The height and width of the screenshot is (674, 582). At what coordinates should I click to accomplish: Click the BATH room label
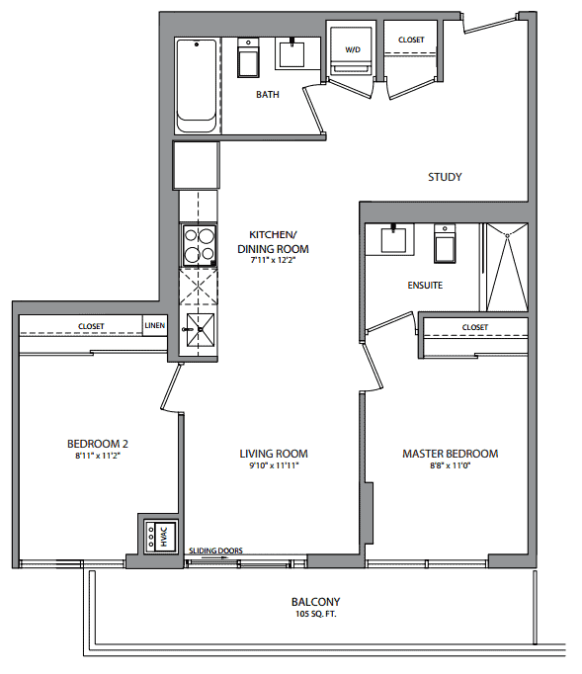click(268, 94)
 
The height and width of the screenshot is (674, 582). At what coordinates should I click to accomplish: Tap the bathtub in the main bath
click(197, 86)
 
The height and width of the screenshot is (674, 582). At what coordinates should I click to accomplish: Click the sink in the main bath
click(291, 53)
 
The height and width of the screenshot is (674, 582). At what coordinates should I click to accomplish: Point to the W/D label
click(353, 49)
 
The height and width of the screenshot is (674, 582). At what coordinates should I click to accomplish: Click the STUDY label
click(445, 177)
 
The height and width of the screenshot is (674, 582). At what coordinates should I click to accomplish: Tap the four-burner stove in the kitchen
click(199, 245)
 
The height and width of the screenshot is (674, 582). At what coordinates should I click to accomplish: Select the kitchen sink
click(200, 330)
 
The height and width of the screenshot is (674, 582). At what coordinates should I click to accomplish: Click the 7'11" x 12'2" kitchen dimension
click(274, 260)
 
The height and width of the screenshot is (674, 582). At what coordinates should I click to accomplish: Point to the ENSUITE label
click(425, 285)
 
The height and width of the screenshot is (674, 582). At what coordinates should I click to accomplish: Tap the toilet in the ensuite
click(445, 243)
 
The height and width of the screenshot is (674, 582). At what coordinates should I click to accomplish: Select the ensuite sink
click(393, 239)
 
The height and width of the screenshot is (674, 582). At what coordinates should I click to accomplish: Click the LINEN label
click(155, 325)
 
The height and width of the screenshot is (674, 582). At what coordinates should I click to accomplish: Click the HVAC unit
click(160, 537)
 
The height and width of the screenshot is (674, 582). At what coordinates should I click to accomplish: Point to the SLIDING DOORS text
click(215, 550)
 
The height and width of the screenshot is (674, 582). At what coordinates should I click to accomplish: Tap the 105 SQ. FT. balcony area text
click(316, 614)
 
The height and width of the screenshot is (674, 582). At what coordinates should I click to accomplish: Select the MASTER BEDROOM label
click(450, 454)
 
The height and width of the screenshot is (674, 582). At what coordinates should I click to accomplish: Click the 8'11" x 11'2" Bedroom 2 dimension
click(98, 456)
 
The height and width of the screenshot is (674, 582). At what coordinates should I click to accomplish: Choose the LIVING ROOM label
click(274, 454)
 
